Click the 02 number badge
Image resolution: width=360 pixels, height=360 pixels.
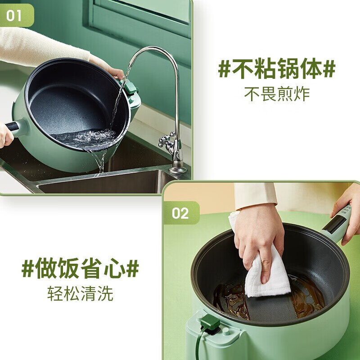pos(180,213)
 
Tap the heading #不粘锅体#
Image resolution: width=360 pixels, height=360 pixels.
pos(277,70)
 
